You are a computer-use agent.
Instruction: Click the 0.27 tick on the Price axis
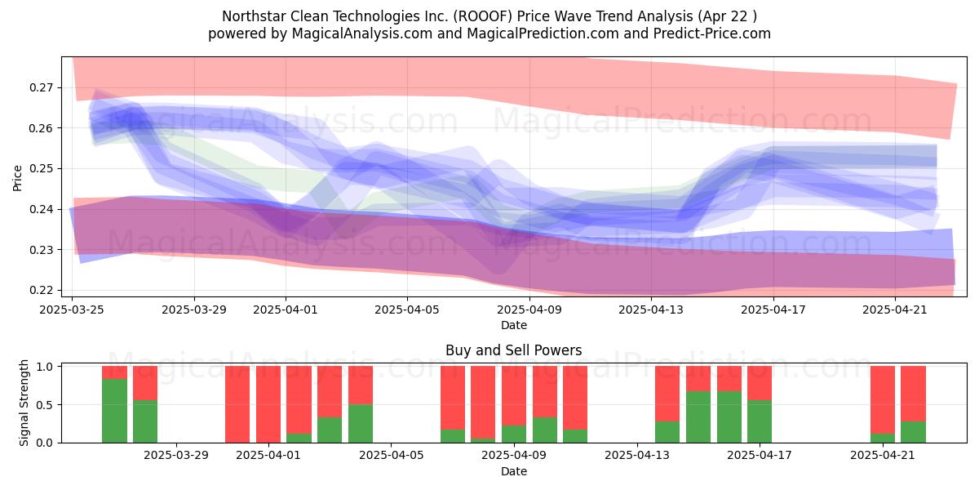pyautogui.click(x=41, y=88)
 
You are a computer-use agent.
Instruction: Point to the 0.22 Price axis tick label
pyautogui.click(x=41, y=291)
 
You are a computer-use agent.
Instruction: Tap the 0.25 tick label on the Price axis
pyautogui.click(x=41, y=169)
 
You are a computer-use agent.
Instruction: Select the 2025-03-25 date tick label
pyautogui.click(x=72, y=310)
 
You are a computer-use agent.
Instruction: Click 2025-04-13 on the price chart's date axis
pyautogui.click(x=651, y=310)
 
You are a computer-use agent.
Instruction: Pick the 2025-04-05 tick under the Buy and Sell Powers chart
pyautogui.click(x=391, y=456)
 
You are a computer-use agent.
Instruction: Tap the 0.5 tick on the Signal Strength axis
pyautogui.click(x=45, y=405)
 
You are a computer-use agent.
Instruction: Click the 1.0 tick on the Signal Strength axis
pyautogui.click(x=45, y=367)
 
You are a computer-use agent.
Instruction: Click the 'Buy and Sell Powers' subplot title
pyautogui.click(x=513, y=350)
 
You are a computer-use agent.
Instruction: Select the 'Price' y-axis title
pyautogui.click(x=17, y=178)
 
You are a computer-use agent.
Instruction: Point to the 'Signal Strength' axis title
pyautogui.click(x=24, y=403)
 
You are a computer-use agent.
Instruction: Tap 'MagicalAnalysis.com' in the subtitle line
pyautogui.click(x=362, y=33)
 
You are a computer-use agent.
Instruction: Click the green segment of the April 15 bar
pyautogui.click(x=698, y=417)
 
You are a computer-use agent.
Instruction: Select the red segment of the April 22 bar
pyautogui.click(x=913, y=394)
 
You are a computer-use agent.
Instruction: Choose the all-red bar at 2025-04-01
pyautogui.click(x=268, y=404)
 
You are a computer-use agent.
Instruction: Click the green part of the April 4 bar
pyautogui.click(x=361, y=424)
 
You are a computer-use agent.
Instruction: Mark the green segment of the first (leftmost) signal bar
pyautogui.click(x=114, y=411)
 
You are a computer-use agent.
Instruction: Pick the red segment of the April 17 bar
pyautogui.click(x=760, y=383)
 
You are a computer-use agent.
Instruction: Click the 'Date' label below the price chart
pyautogui.click(x=513, y=326)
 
